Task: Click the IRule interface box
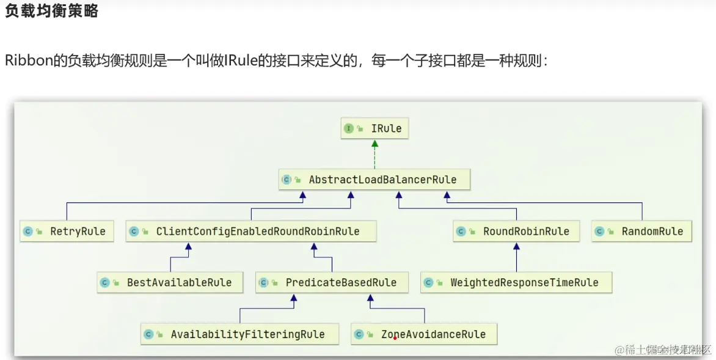[x=374, y=129]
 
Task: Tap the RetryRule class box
[x=67, y=232]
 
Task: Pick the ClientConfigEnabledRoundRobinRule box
[x=250, y=232]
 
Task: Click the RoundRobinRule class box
[x=516, y=232]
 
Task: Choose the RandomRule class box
[x=641, y=232]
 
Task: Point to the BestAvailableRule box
[x=170, y=282]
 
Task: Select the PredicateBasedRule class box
[x=332, y=282]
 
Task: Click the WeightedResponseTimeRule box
[x=516, y=282]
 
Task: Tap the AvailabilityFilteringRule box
[x=239, y=334]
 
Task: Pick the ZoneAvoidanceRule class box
[x=424, y=334]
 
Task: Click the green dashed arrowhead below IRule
[x=374, y=144]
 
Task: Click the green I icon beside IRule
[x=349, y=129]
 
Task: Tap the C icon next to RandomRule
[x=599, y=232]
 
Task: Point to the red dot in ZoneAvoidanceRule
[x=395, y=338]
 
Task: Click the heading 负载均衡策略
[x=51, y=12]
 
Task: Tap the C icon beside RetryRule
[x=27, y=232]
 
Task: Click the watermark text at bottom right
[x=663, y=350]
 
